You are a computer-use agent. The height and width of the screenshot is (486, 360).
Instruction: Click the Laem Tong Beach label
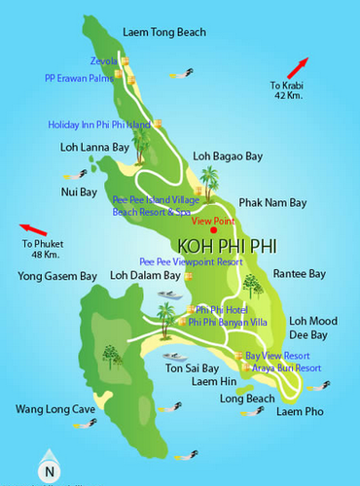(x=164, y=32)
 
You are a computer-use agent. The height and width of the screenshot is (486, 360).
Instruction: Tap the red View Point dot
(x=214, y=202)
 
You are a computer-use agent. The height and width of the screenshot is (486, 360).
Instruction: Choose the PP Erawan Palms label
(x=78, y=78)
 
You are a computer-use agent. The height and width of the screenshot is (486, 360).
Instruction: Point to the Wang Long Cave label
(x=55, y=409)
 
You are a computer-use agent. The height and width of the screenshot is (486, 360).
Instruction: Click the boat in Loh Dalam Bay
(x=169, y=295)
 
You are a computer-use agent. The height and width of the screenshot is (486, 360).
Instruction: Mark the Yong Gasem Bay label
(x=48, y=275)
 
